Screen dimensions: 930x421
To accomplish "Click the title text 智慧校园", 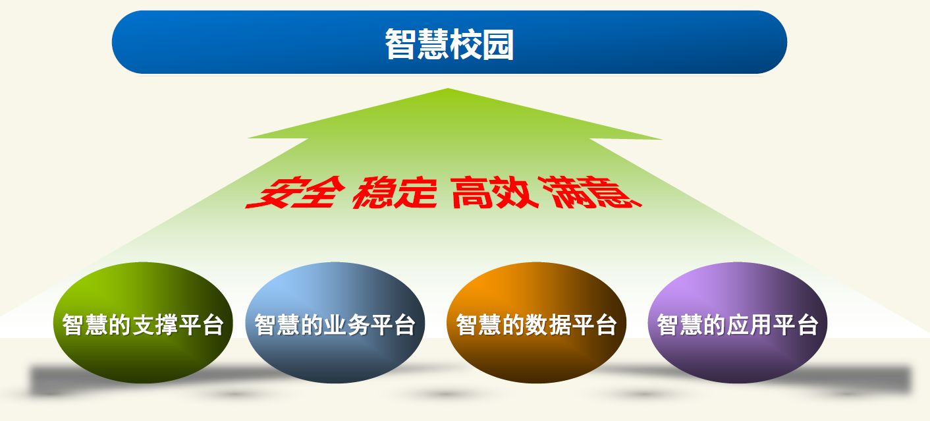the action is point(449,44).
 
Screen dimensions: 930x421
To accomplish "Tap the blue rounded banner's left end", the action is point(113,42).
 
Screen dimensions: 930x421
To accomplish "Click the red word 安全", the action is point(296,192).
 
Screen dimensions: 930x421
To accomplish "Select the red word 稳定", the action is point(395,192).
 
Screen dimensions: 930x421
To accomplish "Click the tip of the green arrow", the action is point(448,88).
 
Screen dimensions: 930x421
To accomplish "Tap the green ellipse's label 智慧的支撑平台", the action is point(143,325).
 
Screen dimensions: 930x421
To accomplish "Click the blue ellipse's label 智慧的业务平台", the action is point(335,325).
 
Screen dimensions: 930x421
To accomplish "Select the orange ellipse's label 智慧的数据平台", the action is point(536,325).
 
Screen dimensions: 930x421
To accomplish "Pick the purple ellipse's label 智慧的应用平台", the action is point(738,325).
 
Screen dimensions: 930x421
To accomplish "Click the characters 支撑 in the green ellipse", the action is point(155,325).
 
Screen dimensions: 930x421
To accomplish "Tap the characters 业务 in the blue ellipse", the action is point(346,325).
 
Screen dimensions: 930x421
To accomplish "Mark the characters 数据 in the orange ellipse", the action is point(548,325).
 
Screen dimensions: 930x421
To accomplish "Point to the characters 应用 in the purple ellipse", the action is point(750,325).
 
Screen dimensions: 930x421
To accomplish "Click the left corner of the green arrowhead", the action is point(248,138).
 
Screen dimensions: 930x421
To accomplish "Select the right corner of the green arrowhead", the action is point(662,139).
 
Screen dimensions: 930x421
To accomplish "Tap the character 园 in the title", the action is point(498,44).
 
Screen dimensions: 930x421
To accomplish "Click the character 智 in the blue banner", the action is point(400,44).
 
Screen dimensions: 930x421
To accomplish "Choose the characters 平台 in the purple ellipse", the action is point(796,325).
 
